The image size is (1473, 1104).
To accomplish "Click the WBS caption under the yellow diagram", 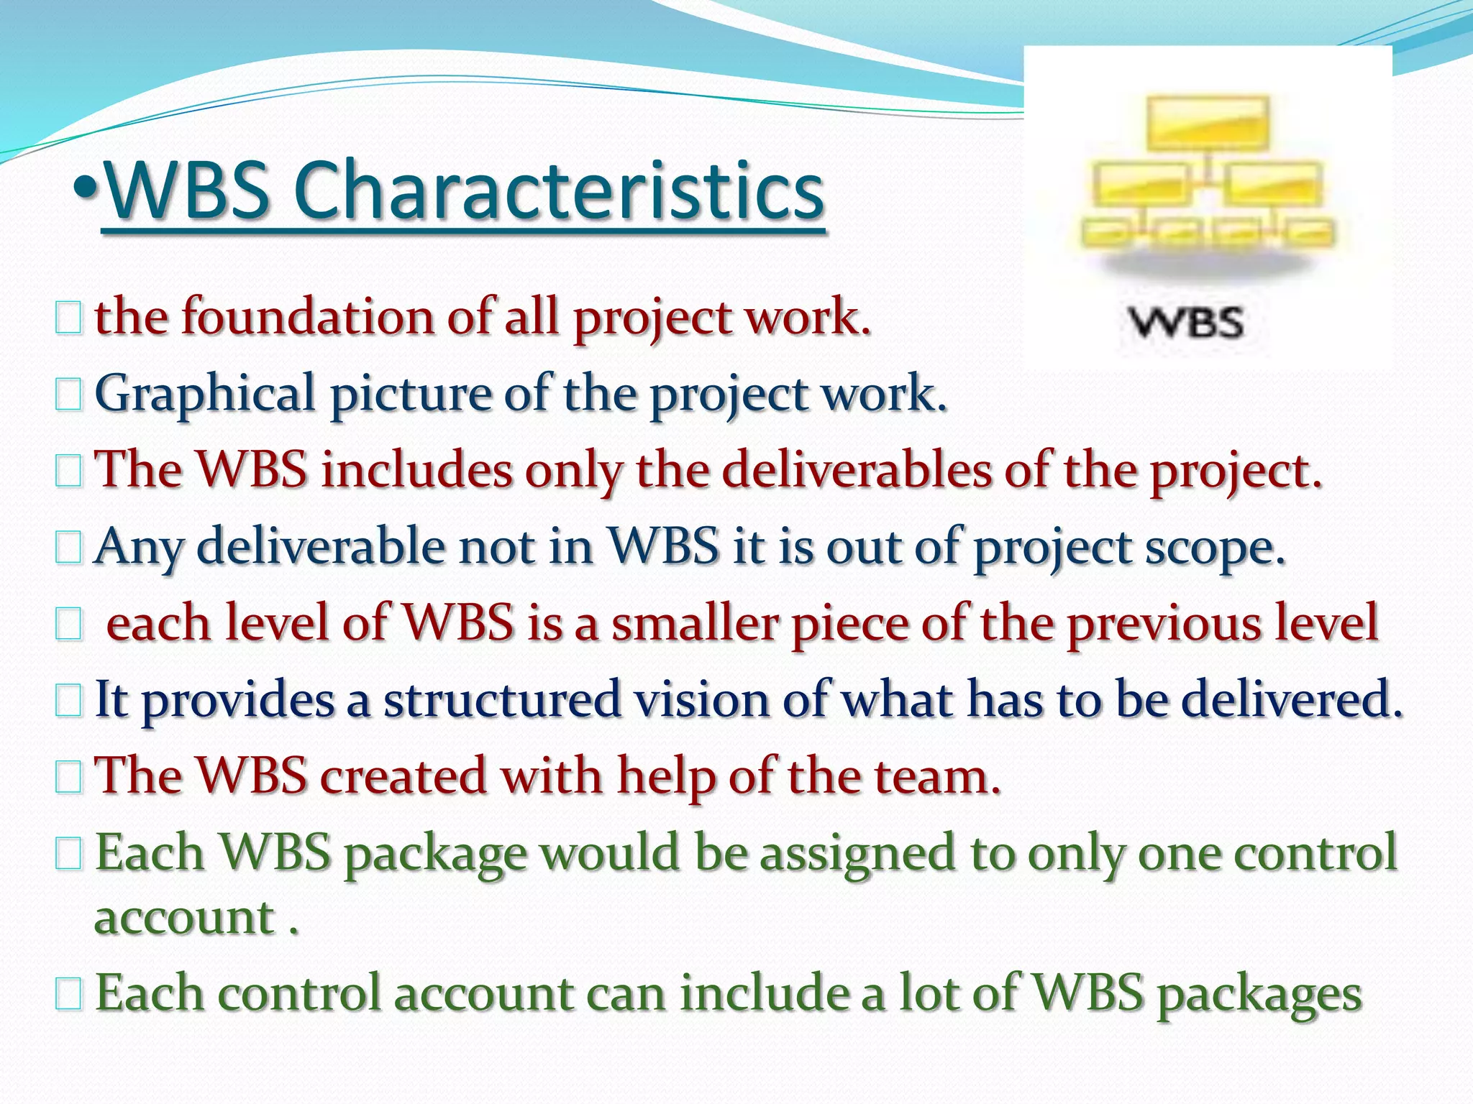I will (1186, 323).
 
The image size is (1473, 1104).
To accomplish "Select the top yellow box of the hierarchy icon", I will (1208, 122).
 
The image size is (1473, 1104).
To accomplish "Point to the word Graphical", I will (205, 395).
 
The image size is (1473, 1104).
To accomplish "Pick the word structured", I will (501, 699).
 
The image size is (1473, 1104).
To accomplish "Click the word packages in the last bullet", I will (1259, 994).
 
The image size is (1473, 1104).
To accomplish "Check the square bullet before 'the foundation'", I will (68, 318).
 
